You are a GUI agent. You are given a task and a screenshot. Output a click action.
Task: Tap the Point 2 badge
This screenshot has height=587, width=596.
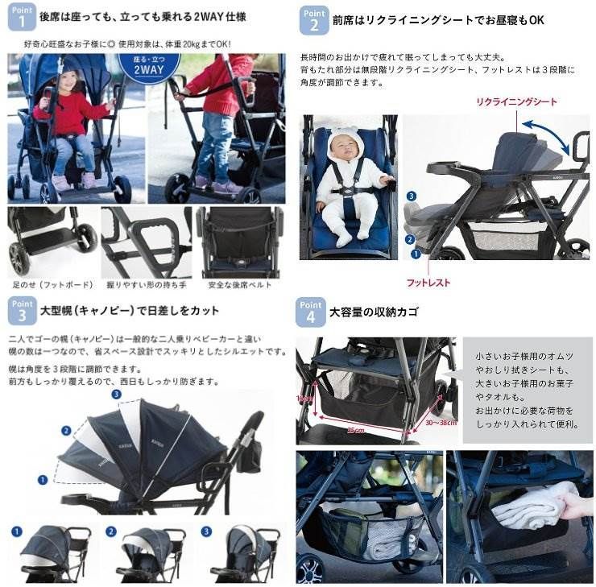pos(313,19)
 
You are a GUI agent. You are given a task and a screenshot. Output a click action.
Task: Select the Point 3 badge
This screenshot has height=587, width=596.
pos(22,310)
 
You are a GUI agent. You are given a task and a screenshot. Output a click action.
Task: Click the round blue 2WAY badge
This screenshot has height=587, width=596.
pos(148,68)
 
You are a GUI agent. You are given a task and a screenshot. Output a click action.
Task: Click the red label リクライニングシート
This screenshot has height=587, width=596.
pos(516,102)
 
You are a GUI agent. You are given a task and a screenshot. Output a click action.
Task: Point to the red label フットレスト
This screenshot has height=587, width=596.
pos(429,283)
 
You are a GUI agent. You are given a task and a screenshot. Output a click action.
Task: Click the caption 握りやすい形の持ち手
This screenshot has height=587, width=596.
pos(146,285)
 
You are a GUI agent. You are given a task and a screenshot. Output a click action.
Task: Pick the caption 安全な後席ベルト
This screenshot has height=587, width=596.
pos(239,285)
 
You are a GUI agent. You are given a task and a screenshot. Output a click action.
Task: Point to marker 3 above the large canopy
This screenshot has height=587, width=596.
pos(116,395)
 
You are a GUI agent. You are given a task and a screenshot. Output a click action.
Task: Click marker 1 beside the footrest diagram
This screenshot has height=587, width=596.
pos(416,253)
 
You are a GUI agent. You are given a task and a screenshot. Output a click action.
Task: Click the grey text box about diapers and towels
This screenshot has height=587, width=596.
pos(527,390)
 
